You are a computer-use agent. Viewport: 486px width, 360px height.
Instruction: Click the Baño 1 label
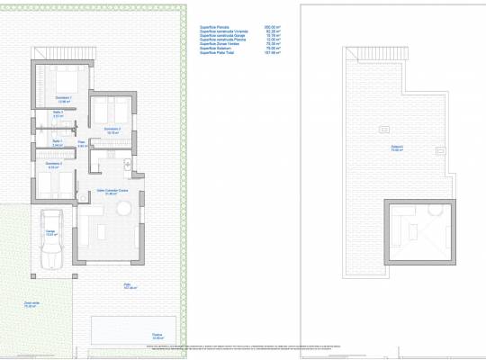coord(56,142)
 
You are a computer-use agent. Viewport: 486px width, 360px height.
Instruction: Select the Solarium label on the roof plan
coord(397,148)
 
